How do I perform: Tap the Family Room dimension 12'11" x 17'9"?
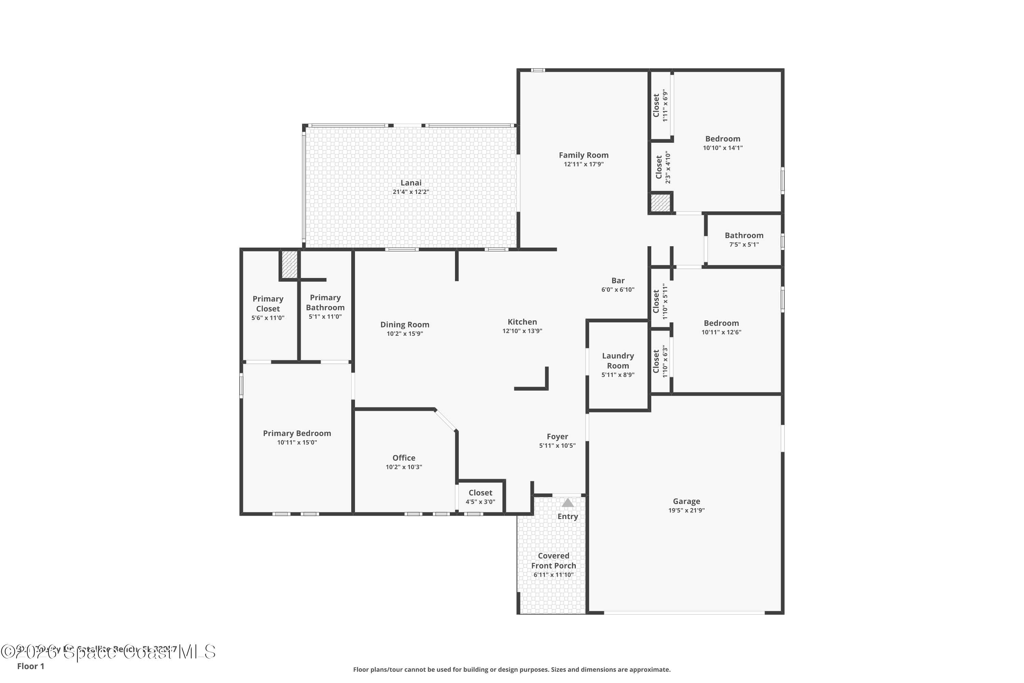pos(583,164)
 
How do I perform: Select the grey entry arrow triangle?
pos(567,503)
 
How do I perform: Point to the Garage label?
pos(686,501)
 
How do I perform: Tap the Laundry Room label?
pos(618,361)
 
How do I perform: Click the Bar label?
pos(618,280)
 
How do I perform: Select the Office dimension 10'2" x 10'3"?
pos(403,467)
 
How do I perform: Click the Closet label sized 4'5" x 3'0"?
pos(480,493)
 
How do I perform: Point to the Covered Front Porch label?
pos(553,561)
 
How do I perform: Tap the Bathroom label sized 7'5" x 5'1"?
pos(744,235)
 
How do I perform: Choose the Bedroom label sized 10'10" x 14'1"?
pos(723,139)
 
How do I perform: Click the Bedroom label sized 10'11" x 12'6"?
pos(721,323)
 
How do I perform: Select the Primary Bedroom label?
pos(297,433)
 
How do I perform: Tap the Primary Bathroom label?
pos(325,302)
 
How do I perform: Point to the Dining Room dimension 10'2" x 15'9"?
pos(404,334)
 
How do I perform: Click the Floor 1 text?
pos(30,666)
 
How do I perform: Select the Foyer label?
pos(557,436)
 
